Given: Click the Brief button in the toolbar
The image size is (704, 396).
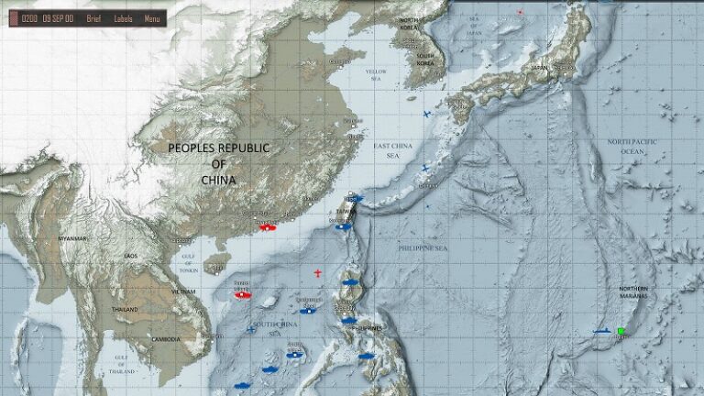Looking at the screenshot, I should pos(93,18).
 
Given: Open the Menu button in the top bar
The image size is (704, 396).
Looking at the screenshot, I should pos(152,18).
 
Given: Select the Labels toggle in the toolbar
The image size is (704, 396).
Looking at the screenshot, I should pos(123,18).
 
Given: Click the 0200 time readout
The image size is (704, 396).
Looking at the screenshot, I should pos(29,18).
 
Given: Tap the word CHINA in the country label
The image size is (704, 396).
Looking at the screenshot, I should pos(218,181).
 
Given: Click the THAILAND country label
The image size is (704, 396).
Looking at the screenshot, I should pos(126,310).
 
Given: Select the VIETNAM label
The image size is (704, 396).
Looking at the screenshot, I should pos(183,291).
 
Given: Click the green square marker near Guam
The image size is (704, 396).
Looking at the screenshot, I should pos(621,331).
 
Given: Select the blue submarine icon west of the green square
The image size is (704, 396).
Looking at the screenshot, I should pos(601,331).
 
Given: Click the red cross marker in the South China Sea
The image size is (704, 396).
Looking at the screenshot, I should pos(318,273).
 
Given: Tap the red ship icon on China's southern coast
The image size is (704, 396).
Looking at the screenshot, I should pos(266,226).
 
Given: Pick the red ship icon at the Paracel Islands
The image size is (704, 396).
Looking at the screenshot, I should pos(242,296).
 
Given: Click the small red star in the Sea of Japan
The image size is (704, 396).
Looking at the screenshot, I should pos(520,12).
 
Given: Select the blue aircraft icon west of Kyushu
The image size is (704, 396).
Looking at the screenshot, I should pos(427,114).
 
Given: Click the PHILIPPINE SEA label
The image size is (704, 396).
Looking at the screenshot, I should pos(423,248).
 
